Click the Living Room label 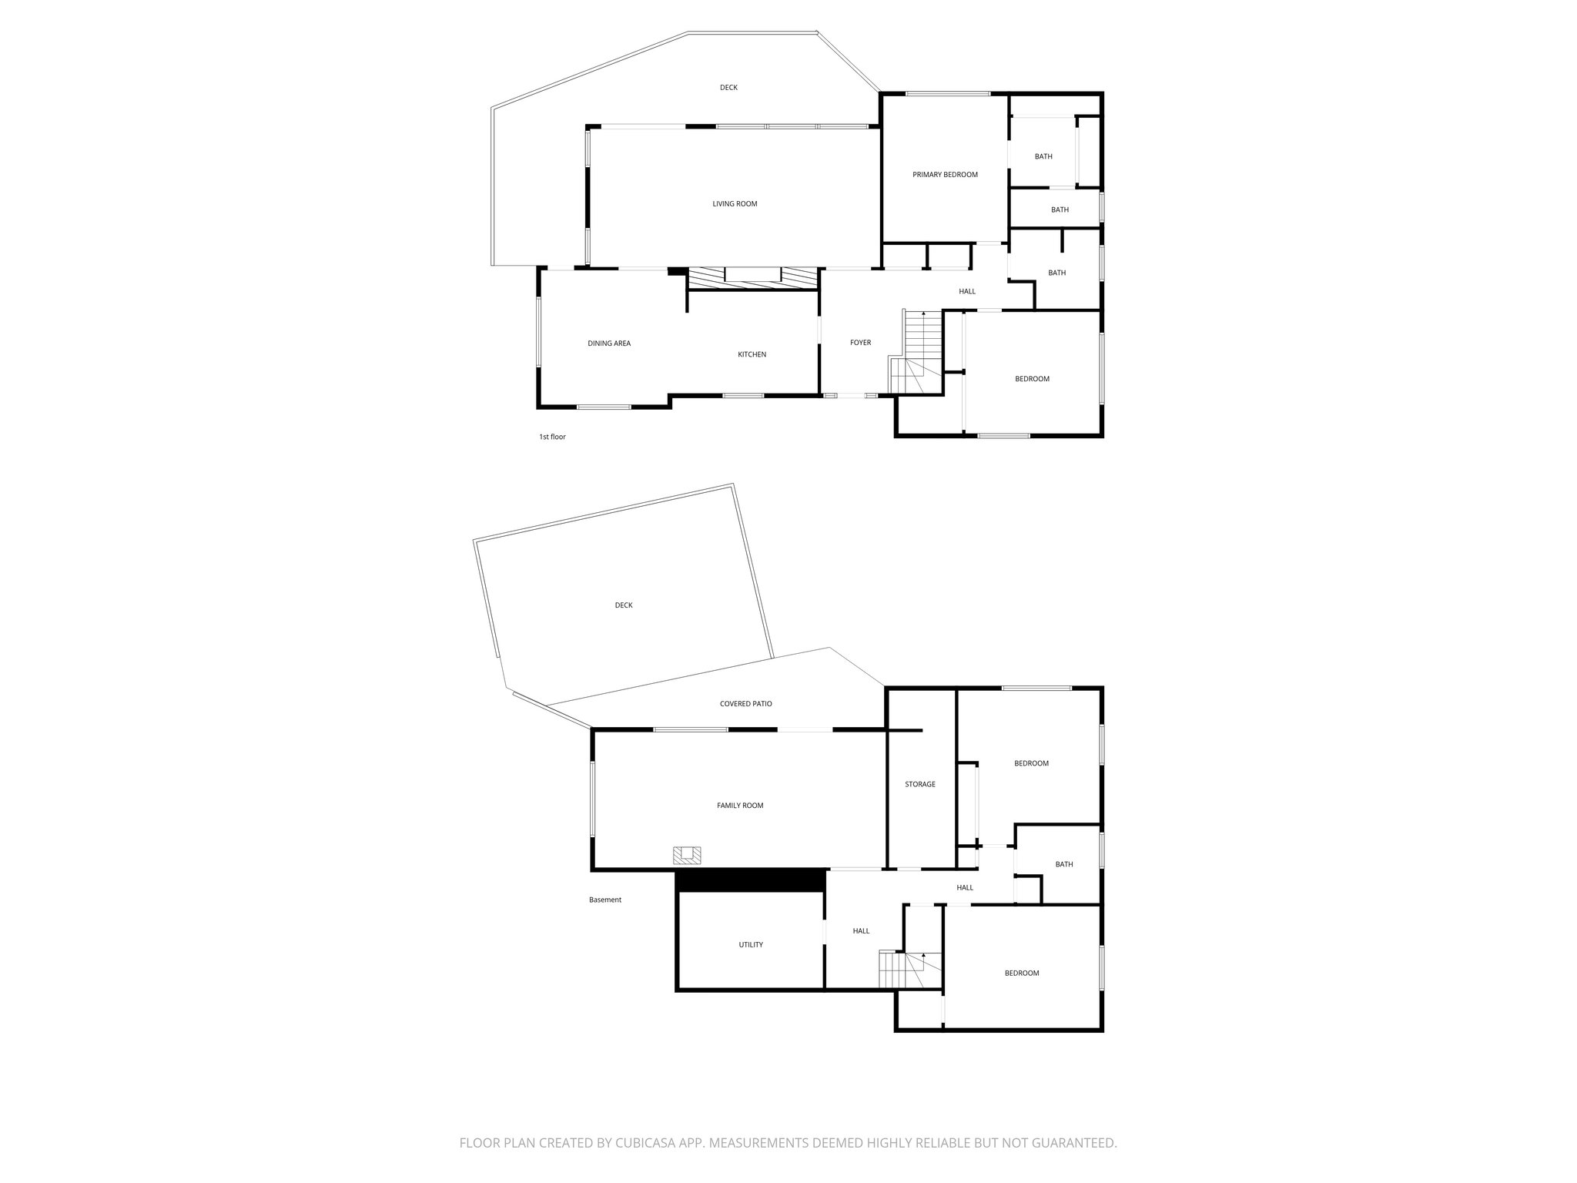[735, 204]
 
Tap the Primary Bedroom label [945, 175]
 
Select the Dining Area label [609, 344]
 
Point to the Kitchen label [752, 354]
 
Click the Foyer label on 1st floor [860, 343]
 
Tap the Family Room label [740, 806]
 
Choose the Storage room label [919, 784]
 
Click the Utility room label [751, 944]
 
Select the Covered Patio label [745, 704]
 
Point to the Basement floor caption [604, 900]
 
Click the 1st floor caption [552, 437]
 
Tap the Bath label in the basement [1063, 864]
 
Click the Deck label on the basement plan [624, 605]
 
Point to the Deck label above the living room [728, 88]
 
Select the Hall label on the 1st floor [967, 291]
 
